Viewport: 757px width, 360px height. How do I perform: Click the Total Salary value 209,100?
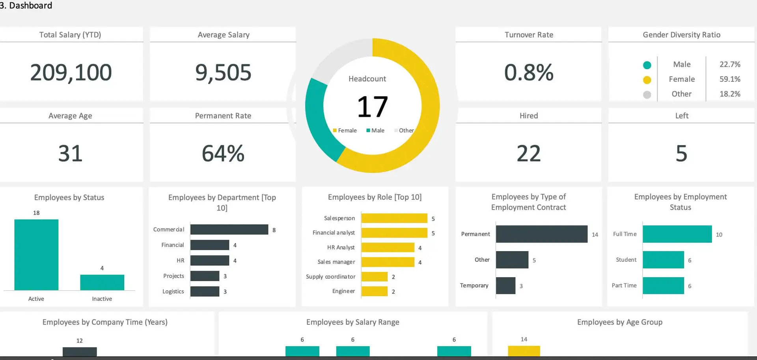pos(71,73)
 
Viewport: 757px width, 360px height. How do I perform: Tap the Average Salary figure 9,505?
pos(223,73)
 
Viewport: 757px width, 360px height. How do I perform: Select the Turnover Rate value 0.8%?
pos(529,73)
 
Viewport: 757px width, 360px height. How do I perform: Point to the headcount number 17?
pos(373,107)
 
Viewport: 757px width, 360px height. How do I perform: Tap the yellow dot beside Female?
pos(647,80)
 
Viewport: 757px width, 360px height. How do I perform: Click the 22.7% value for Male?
pos(730,64)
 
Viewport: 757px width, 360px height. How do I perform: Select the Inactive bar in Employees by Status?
pos(102,282)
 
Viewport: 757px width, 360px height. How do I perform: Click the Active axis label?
pos(36,299)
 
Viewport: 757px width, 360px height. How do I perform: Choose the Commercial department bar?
pos(229,229)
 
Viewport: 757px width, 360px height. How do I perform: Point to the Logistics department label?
pos(173,291)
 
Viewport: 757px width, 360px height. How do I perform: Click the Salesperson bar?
pos(394,218)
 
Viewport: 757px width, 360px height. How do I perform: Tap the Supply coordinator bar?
pos(375,277)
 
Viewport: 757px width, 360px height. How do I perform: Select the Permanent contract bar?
pos(541,234)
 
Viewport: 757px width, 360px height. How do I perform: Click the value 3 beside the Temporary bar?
pos(521,286)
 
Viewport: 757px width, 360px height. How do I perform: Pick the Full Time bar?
pos(677,234)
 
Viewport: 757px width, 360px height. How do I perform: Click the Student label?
pos(626,260)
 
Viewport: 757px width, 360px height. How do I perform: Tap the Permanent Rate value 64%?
pos(223,153)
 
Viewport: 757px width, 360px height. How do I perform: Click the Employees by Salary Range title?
pos(353,322)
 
